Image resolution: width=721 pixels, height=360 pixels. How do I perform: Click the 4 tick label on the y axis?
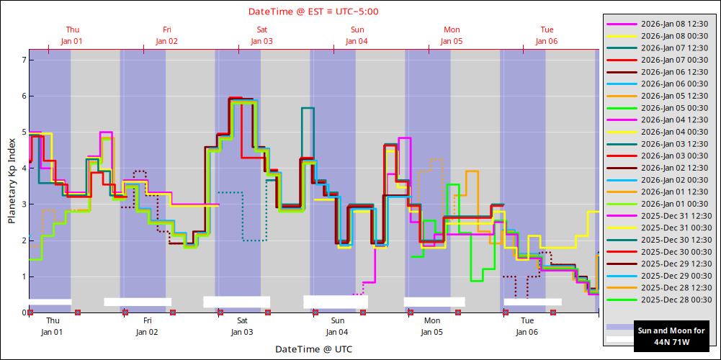click(23, 168)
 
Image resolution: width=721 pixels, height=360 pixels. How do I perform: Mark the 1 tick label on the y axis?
click(23, 276)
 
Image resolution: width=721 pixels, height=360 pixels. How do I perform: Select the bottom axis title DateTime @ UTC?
click(313, 349)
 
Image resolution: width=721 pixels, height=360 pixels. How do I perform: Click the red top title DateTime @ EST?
click(313, 12)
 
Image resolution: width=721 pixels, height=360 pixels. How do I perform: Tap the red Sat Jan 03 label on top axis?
click(261, 35)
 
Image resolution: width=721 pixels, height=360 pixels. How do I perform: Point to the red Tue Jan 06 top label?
click(547, 35)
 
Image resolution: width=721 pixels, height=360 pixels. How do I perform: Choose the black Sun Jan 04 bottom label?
click(337, 326)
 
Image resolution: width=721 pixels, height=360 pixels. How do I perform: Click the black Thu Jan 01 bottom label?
click(52, 326)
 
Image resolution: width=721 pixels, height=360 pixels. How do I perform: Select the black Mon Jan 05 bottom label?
click(432, 326)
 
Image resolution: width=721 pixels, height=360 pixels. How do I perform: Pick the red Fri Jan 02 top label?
click(166, 35)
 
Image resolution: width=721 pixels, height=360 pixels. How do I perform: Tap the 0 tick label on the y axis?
click(23, 312)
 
